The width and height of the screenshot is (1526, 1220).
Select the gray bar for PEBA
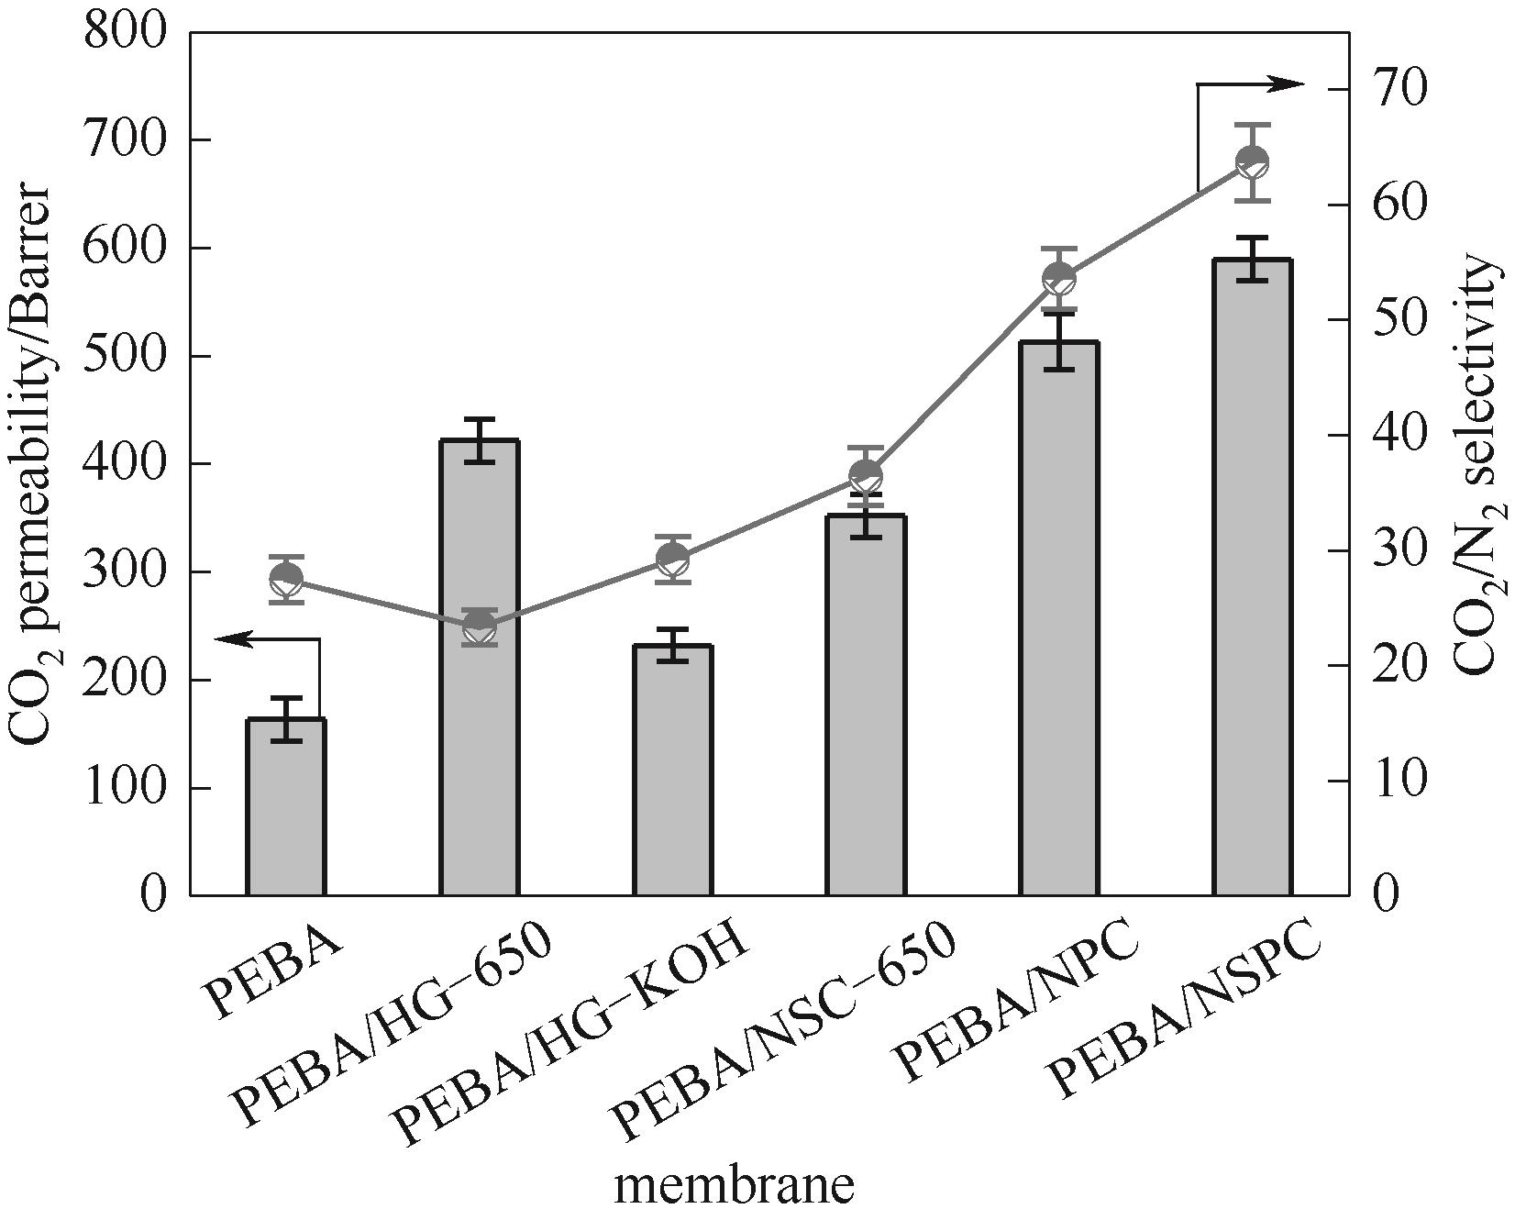pyautogui.click(x=286, y=807)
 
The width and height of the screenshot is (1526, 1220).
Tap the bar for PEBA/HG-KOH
pyautogui.click(x=673, y=771)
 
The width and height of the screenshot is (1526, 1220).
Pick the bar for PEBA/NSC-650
pyautogui.click(x=866, y=706)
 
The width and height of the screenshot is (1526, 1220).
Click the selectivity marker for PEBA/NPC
pyautogui.click(x=1059, y=278)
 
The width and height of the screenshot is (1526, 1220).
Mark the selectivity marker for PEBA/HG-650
pyautogui.click(x=480, y=627)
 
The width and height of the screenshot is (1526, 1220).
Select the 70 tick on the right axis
pyautogui.click(x=1400, y=89)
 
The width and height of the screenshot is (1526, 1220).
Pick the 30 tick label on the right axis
pyautogui.click(x=1400, y=550)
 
